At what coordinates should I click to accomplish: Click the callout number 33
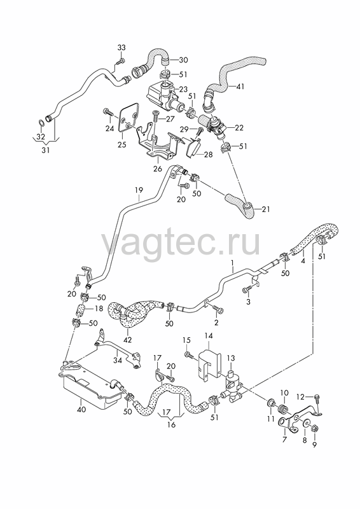coord(121,47)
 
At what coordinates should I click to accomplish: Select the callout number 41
coord(240,87)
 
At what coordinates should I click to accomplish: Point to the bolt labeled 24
coord(108,113)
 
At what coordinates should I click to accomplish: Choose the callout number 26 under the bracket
coord(158,169)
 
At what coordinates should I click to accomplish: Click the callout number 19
coord(139,190)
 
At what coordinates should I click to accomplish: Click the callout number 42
coord(128,340)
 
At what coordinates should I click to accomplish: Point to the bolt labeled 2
coord(218,309)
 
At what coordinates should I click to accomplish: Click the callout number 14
coord(209,336)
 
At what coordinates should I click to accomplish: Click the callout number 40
coord(81,409)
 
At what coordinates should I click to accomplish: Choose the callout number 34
coord(118,360)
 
